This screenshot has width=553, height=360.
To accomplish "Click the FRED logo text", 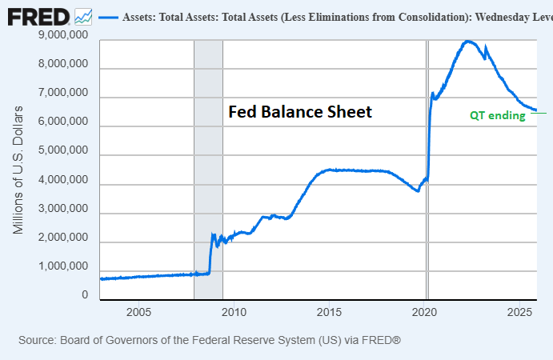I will point(39,16).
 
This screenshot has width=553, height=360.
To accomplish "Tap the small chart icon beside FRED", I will point(82,16).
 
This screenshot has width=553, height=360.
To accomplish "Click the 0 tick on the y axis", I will point(84,295).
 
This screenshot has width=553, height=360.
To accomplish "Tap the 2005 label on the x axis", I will point(138,311).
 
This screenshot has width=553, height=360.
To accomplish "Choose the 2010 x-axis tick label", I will point(234,311).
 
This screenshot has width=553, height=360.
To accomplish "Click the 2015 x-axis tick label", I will point(330,311).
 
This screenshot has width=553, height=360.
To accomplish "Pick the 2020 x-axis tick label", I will point(425,311).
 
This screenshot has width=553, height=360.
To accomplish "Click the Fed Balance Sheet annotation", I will point(300,112).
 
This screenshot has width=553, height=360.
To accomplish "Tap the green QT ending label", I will point(497,115).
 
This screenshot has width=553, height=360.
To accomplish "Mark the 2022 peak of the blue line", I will point(467,41).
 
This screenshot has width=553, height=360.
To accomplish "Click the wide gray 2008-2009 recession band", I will point(208,160).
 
